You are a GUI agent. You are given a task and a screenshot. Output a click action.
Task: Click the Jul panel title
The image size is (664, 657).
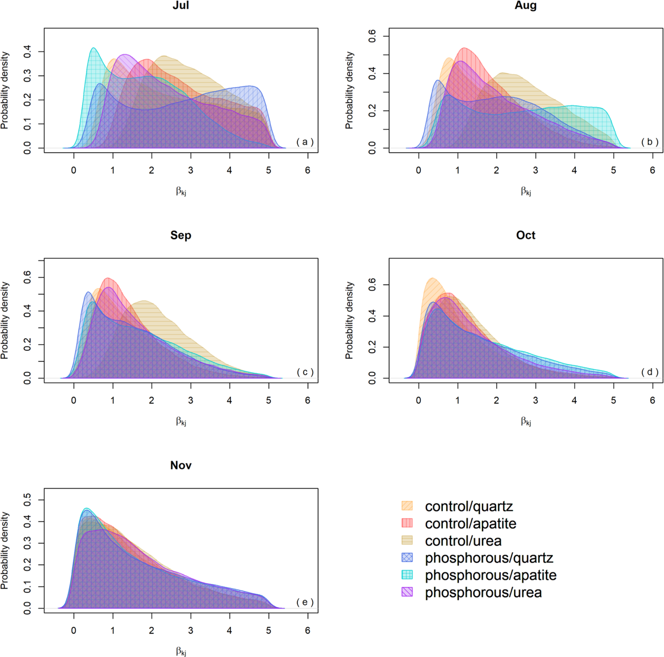click(181, 5)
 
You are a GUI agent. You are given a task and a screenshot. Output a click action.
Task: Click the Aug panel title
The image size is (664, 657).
click(526, 5)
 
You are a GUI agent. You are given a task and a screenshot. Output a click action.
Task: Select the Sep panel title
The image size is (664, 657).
click(181, 235)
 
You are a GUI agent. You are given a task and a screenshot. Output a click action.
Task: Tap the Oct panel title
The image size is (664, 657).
click(526, 235)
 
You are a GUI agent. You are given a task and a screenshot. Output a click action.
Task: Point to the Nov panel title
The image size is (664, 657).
click(181, 465)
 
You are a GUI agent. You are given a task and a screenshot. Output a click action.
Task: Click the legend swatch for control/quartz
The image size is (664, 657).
click(407, 506)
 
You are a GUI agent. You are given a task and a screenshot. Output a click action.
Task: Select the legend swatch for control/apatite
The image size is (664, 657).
click(407, 523)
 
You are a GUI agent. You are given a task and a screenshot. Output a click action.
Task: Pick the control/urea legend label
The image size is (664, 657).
click(463, 541)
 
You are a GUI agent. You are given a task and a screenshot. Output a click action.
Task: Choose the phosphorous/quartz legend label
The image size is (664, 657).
click(489, 558)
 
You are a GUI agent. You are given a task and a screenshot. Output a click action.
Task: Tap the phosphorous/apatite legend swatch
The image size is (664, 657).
click(407, 575)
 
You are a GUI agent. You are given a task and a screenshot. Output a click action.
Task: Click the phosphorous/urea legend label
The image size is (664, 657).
click(483, 592)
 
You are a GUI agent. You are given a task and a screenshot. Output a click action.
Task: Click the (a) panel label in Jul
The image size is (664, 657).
click(305, 142)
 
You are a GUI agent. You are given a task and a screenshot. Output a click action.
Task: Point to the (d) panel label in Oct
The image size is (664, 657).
click(650, 372)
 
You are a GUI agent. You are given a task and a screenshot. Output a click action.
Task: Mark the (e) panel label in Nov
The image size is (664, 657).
click(305, 602)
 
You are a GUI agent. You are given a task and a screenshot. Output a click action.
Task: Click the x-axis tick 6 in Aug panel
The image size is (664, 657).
click(652, 170)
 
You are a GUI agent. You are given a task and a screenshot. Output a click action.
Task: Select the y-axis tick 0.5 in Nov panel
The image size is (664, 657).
click(27, 499)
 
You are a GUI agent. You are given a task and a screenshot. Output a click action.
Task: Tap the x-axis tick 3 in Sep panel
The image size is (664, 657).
click(190, 400)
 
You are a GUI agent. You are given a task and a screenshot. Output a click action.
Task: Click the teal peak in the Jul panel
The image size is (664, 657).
click(93, 48)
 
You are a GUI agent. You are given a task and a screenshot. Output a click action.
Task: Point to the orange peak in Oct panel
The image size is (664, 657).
click(432, 278)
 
